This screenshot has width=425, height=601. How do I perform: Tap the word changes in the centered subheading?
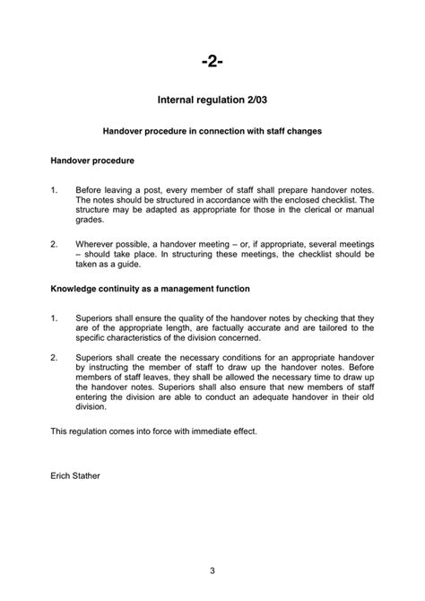(x=304, y=131)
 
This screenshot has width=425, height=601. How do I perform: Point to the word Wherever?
(x=95, y=243)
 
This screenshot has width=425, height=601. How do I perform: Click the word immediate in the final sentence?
(x=204, y=431)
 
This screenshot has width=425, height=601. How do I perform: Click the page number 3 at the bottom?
(x=212, y=571)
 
